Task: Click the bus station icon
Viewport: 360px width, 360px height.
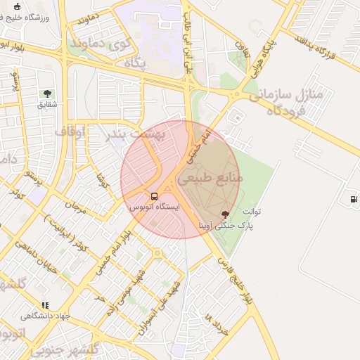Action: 155,196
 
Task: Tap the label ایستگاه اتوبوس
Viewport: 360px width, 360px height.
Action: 155,208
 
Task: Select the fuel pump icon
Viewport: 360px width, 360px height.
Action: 352,199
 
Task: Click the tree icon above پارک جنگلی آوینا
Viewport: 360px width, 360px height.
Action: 225,214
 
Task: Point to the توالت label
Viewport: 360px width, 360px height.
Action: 252,211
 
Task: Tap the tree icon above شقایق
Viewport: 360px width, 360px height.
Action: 47,93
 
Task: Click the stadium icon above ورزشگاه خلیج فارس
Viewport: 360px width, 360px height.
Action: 17,6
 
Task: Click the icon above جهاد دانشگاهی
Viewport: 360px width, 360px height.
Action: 46,305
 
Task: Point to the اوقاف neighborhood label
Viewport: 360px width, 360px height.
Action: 70,131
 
